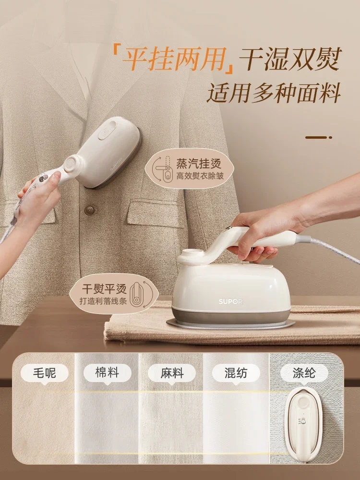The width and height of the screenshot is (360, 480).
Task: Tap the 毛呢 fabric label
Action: [x=44, y=373]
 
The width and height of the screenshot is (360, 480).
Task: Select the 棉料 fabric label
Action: [x=107, y=373]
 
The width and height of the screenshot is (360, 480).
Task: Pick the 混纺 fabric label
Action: [x=236, y=373]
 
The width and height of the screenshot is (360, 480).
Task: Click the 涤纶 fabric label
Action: [x=304, y=373]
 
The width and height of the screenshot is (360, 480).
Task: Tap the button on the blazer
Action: [x=89, y=210]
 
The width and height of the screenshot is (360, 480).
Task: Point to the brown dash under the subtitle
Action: [x=318, y=137]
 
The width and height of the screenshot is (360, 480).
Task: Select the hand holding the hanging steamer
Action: [x=41, y=191]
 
